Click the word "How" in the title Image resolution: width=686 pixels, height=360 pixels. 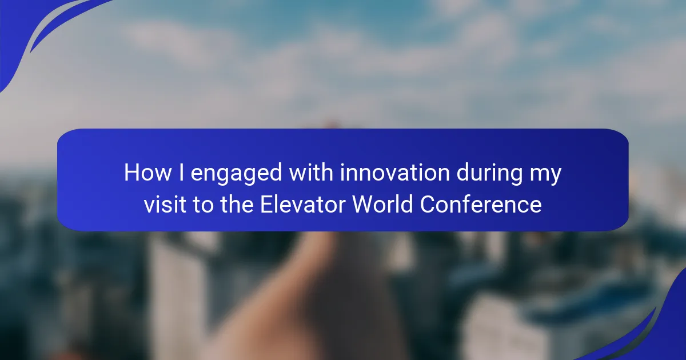[x=147, y=173]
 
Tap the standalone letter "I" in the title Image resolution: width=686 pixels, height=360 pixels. [x=181, y=173]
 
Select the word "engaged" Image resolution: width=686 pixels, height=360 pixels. [x=236, y=174]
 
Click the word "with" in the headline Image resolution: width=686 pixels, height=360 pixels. [x=311, y=173]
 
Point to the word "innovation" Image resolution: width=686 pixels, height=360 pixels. [x=395, y=173]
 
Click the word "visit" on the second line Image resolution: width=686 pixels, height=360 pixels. [x=165, y=204]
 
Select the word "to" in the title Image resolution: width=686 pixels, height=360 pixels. [x=203, y=205]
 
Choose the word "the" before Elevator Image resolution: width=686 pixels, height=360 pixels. [x=237, y=204]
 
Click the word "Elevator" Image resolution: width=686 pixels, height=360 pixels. [x=303, y=204]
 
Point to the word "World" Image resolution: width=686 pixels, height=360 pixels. [x=383, y=204]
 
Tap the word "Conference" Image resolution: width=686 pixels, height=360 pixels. [x=481, y=204]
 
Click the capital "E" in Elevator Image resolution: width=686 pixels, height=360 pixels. [x=267, y=204]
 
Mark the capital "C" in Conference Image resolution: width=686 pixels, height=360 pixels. [x=428, y=204]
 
